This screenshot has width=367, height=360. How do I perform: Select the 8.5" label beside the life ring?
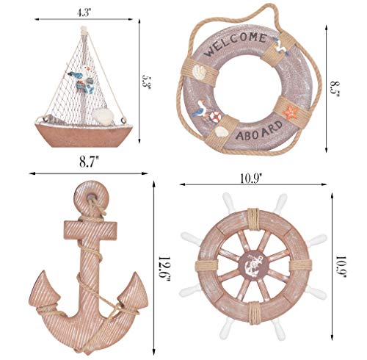pos(335,74)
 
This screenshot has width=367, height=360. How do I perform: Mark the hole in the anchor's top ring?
pos(89,196)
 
